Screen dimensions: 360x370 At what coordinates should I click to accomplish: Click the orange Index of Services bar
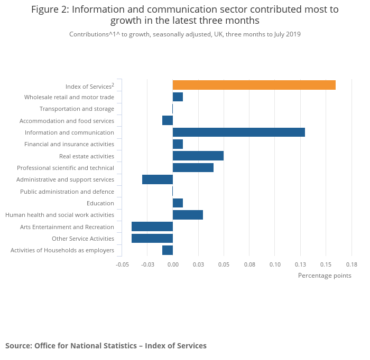(x=254, y=85)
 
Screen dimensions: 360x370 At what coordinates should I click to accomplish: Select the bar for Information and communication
(x=238, y=132)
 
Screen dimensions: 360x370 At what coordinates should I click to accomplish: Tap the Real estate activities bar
(x=198, y=156)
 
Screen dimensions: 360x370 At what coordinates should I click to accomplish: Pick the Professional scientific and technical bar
(x=193, y=167)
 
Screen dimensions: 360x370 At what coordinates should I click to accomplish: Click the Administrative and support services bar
(x=158, y=179)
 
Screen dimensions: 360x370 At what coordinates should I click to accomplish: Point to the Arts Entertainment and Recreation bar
(x=152, y=226)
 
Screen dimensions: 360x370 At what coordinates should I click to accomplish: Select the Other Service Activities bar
(x=152, y=238)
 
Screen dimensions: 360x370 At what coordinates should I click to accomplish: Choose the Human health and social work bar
(x=188, y=214)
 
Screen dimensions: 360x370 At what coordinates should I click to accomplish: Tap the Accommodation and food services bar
(x=168, y=120)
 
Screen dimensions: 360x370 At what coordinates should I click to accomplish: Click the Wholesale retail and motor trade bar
(x=178, y=97)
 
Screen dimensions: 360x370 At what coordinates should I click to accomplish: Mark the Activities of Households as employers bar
(x=168, y=250)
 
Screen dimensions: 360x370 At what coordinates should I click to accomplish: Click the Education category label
(x=100, y=203)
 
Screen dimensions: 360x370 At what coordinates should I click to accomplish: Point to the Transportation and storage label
(x=77, y=109)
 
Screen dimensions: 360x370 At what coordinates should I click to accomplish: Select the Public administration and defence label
(x=67, y=192)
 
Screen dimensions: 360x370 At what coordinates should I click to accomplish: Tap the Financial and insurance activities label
(x=69, y=144)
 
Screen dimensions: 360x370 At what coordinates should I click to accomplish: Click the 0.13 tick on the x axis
(x=300, y=264)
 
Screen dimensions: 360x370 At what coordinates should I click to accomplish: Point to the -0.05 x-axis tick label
(x=122, y=264)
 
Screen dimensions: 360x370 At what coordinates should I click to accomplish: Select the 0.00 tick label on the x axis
(x=173, y=264)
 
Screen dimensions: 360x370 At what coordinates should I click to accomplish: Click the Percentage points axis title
(x=325, y=275)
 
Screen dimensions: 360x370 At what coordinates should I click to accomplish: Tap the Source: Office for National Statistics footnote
(x=106, y=346)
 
